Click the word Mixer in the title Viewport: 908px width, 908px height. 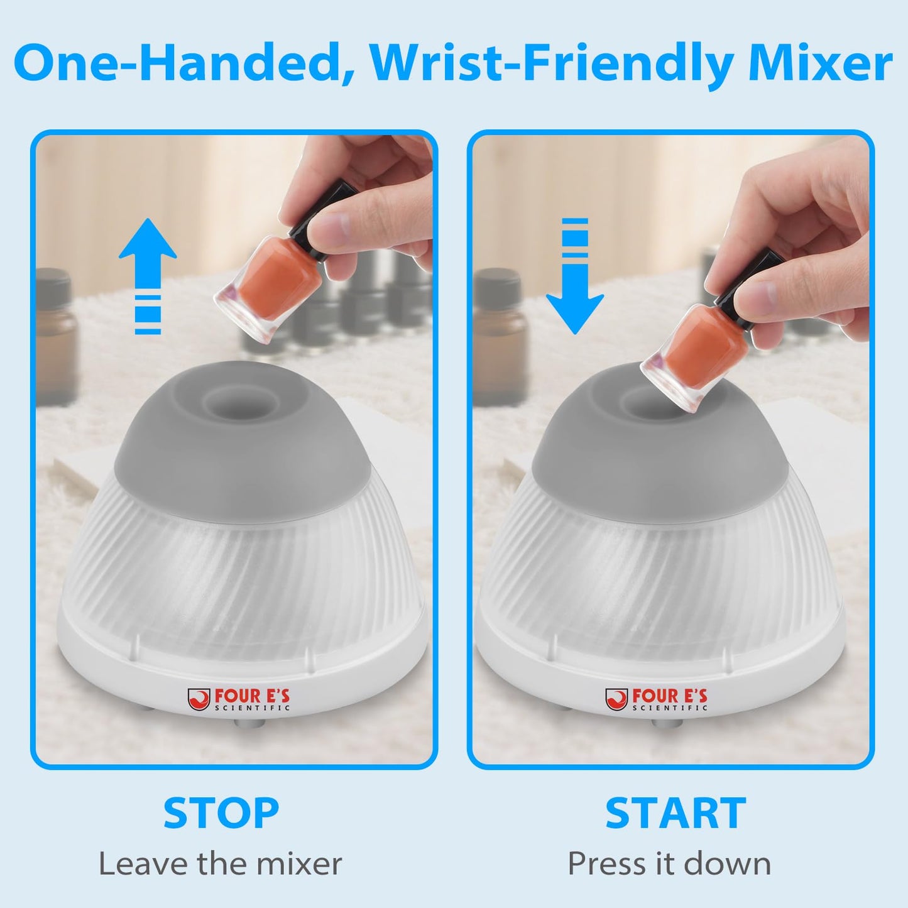coord(820,63)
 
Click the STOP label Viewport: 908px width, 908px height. coord(221,813)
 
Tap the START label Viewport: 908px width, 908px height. coord(676,813)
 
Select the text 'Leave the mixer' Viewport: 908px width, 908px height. coord(220,864)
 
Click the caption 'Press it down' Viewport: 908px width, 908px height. coord(669,864)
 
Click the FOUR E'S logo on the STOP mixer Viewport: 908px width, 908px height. coord(239,699)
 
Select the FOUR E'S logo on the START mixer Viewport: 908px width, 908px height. coord(657,699)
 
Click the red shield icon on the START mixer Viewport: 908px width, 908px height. coord(616,699)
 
